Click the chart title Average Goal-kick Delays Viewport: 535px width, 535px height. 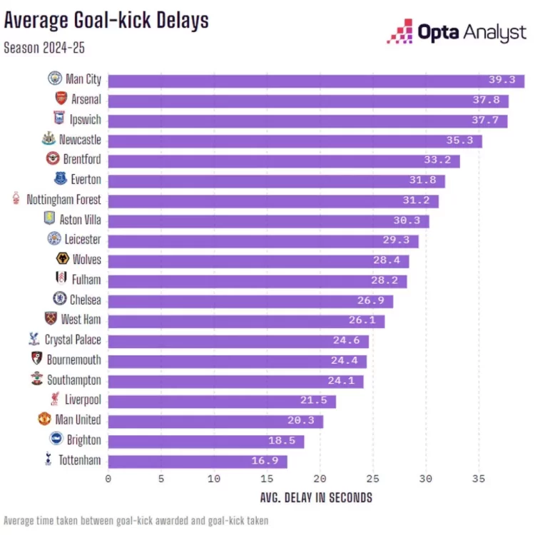coord(106,19)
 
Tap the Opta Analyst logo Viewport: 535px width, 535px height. coord(456,32)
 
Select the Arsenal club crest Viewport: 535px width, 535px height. coord(61,99)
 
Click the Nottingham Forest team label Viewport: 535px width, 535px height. coord(63,200)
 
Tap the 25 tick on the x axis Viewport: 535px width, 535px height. coord(372,479)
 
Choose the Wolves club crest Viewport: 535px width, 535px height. coord(61,259)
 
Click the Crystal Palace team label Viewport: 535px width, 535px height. coord(73,340)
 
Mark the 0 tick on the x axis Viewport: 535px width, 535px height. coord(108,479)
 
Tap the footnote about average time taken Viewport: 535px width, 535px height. coord(136,521)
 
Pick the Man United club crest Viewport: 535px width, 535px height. coord(44,419)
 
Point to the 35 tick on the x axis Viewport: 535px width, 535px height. coord(478,479)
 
